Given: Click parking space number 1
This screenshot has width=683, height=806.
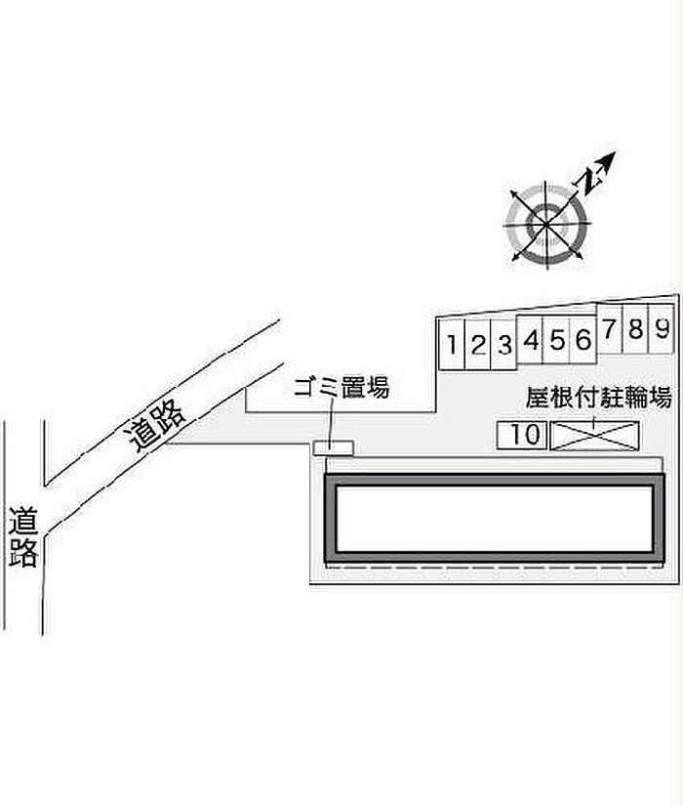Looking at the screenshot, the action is pyautogui.click(x=452, y=344).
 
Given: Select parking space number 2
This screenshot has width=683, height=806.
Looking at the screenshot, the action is pyautogui.click(x=478, y=344).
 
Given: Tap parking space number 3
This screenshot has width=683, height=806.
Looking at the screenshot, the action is pyautogui.click(x=504, y=344).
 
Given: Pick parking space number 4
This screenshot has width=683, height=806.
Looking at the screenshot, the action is pyautogui.click(x=531, y=339).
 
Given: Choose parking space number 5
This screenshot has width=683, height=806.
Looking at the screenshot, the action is pyautogui.click(x=557, y=339).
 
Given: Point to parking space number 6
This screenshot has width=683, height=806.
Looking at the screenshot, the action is pyautogui.click(x=583, y=339).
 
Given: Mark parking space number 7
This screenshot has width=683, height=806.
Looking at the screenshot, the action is pyautogui.click(x=610, y=328).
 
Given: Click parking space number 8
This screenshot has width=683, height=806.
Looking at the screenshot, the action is pyautogui.click(x=636, y=328).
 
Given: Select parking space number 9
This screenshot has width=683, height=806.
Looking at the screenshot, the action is pyautogui.click(x=662, y=328).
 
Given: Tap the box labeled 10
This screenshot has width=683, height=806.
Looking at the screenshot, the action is pyautogui.click(x=522, y=435).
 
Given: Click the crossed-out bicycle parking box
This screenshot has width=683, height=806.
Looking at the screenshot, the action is pyautogui.click(x=594, y=436).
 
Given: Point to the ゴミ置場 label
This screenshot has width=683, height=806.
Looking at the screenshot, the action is pyautogui.click(x=341, y=387).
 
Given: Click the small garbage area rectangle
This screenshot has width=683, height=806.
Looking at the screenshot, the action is pyautogui.click(x=334, y=447).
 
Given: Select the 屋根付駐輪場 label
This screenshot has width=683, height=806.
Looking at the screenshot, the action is pyautogui.click(x=599, y=398).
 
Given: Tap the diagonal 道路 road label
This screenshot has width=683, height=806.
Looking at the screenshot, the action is pyautogui.click(x=153, y=426).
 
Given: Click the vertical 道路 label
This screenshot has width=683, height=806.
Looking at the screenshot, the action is pyautogui.click(x=23, y=537).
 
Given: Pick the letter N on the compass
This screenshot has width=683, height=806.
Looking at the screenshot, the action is pyautogui.click(x=590, y=179).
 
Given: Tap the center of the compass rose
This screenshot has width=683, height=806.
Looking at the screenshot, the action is pyautogui.click(x=546, y=224).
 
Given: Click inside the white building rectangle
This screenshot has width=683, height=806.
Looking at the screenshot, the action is pyautogui.click(x=494, y=518).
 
